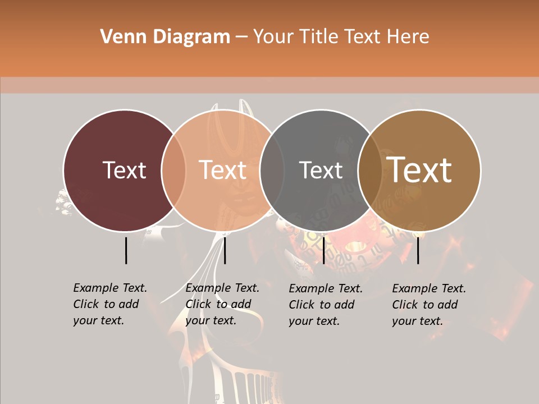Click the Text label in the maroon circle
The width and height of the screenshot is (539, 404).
(x=124, y=170)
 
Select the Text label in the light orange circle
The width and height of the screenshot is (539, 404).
(x=223, y=170)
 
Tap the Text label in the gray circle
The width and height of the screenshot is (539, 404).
(x=321, y=170)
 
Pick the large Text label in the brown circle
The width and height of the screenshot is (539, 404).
(x=419, y=170)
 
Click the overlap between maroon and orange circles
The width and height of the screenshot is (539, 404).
(x=173, y=170)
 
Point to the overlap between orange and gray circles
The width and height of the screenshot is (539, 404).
(x=272, y=170)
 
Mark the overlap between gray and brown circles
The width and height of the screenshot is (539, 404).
(x=370, y=170)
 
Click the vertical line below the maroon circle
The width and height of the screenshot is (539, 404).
(x=126, y=250)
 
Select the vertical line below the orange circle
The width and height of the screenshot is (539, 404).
(x=225, y=250)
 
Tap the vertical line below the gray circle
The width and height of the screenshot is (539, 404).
(x=323, y=250)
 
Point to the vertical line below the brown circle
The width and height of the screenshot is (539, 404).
(x=418, y=250)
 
